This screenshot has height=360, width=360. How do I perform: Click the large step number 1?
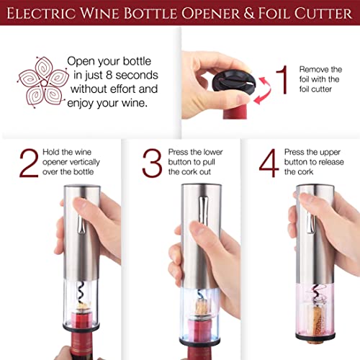(x=283, y=79)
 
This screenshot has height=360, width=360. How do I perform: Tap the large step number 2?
(x=29, y=163)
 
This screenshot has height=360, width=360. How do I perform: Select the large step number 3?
(x=152, y=163)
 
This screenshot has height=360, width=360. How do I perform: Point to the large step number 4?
(x=269, y=163)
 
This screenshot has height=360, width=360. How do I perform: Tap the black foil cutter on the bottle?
(x=233, y=80)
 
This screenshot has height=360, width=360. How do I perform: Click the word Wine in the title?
(x=99, y=13)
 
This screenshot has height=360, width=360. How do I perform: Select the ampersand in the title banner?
(x=249, y=13)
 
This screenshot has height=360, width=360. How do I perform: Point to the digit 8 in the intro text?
(x=109, y=75)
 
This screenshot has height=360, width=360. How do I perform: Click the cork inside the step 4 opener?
(x=315, y=320)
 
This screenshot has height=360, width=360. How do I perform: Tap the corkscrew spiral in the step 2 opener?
(x=81, y=292)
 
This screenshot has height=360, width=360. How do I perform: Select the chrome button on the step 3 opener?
(x=203, y=210)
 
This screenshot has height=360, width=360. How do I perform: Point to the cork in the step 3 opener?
(x=200, y=307)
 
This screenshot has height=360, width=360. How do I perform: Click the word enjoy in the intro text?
(x=80, y=104)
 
